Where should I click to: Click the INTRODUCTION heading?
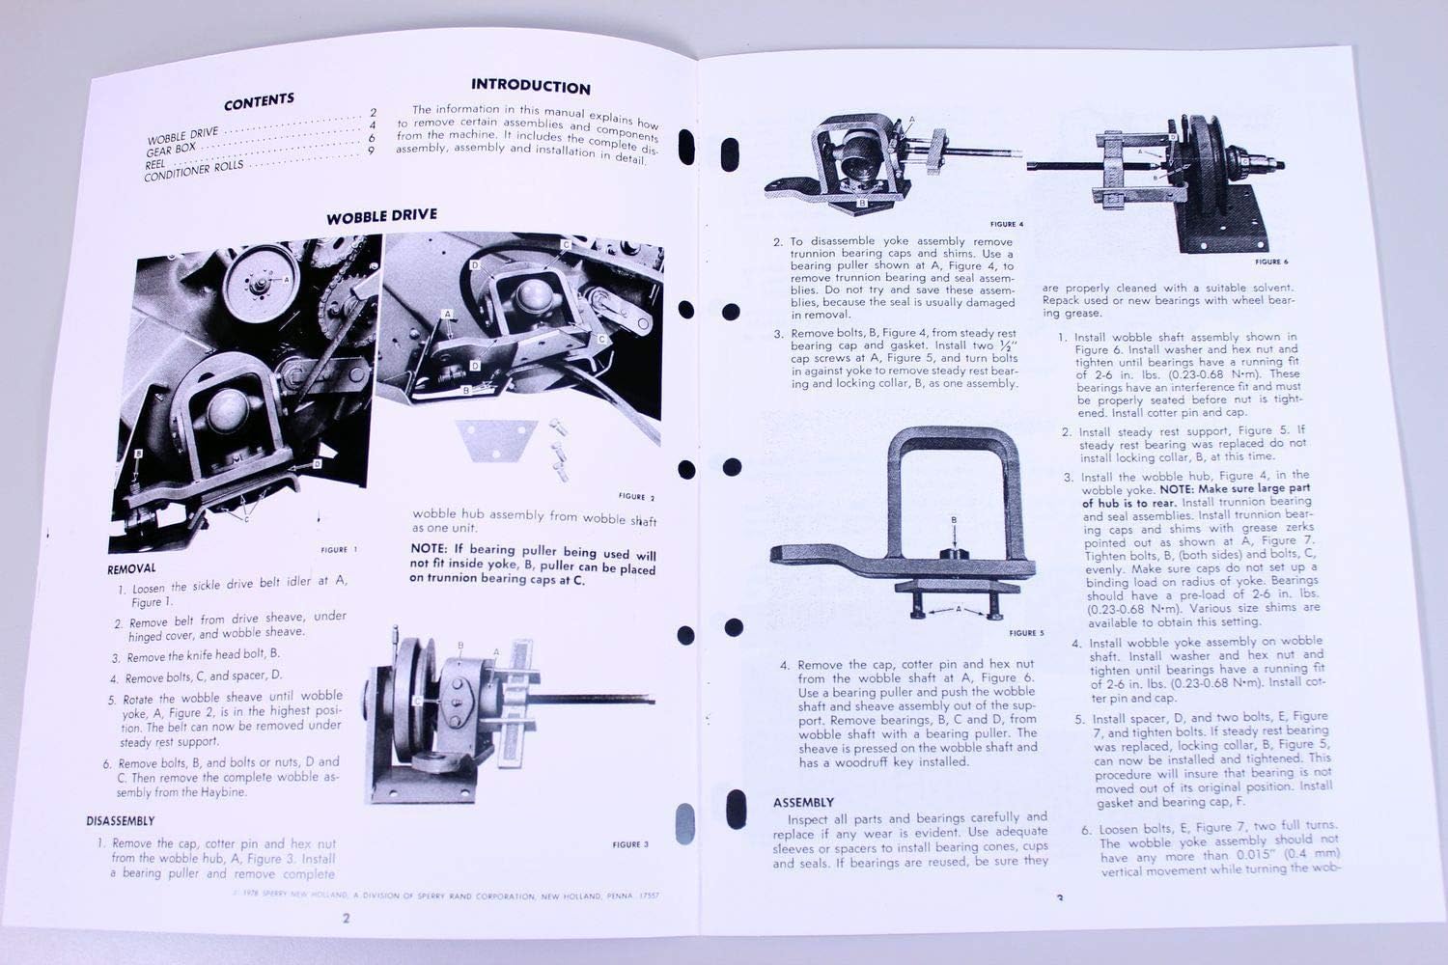click(530, 87)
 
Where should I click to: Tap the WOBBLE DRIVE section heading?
click(380, 216)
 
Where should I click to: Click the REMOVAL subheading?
click(131, 569)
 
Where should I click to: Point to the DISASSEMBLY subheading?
click(120, 821)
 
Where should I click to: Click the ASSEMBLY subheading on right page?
click(803, 803)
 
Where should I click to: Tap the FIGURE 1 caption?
click(338, 550)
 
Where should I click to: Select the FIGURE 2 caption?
click(636, 497)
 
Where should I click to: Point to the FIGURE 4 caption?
click(1006, 224)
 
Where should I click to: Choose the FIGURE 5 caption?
click(1026, 634)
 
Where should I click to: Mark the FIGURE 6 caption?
click(1271, 262)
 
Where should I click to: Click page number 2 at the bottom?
click(346, 918)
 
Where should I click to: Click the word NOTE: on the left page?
click(430, 549)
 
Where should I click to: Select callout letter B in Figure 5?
click(954, 520)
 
